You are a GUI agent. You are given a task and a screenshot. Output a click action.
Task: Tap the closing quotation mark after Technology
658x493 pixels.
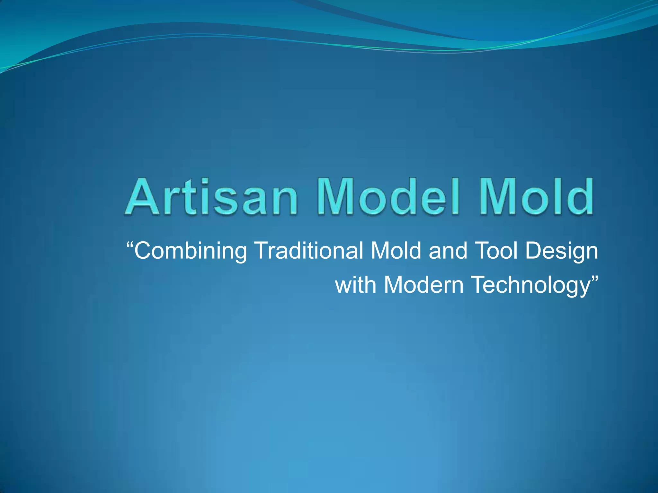click(x=595, y=278)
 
